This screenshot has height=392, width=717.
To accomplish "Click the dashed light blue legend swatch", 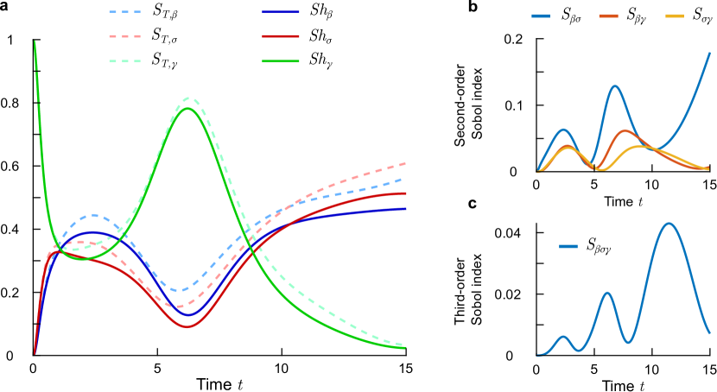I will [124, 12].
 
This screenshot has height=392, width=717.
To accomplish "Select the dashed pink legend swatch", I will [124, 36].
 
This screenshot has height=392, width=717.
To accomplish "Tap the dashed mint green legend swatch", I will [124, 61].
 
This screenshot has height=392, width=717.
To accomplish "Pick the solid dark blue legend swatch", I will [281, 12].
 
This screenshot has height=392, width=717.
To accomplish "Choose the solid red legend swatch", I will [281, 36].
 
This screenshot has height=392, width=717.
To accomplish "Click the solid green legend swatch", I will [281, 61].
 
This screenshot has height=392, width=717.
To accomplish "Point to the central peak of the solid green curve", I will [188, 108].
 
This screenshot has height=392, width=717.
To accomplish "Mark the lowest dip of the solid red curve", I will [187, 326].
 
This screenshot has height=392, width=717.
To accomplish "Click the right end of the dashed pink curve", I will [405, 162].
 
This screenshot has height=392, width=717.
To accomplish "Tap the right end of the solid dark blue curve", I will [405, 208].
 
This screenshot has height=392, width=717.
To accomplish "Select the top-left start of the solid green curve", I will [35, 41].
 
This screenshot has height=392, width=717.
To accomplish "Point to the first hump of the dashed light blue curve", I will [92, 215].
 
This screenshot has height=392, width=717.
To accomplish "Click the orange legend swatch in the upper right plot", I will [608, 16].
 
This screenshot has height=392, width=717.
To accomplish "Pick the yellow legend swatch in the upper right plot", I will [675, 16].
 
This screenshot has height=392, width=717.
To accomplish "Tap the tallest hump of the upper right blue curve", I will [615, 85].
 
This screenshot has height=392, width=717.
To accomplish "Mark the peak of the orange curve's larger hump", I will [625, 131].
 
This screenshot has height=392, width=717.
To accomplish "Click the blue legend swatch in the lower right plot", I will [568, 246].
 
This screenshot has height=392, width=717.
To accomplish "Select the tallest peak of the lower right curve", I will [669, 224].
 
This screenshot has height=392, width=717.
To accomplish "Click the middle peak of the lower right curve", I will [607, 292].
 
